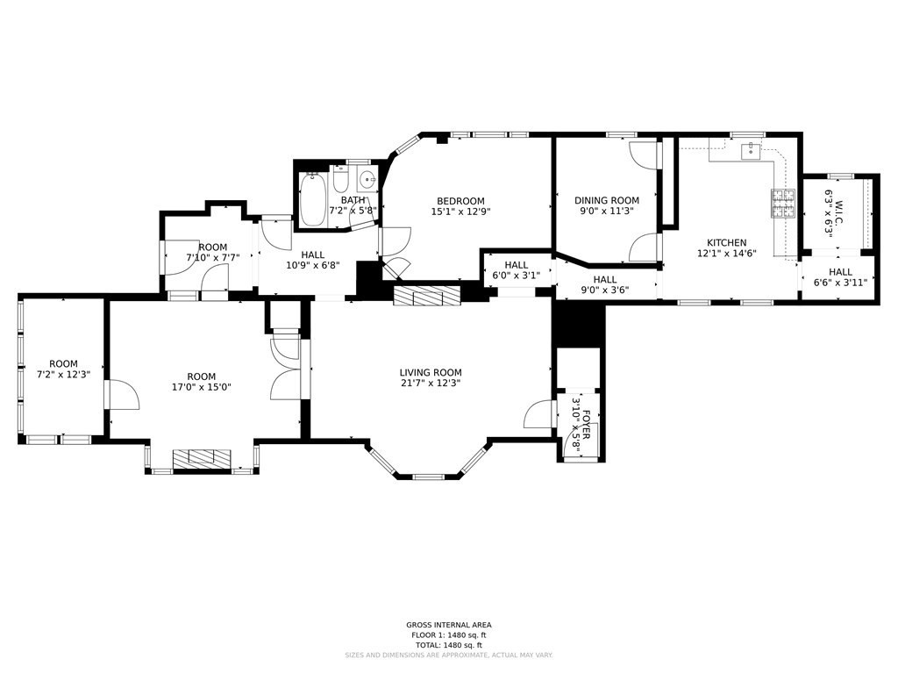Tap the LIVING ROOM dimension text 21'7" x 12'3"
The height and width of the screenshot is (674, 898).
point(430,383)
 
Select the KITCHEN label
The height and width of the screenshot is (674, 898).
point(727,243)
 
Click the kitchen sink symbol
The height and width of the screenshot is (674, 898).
point(750,152)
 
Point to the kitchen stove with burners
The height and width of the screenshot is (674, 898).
point(781,203)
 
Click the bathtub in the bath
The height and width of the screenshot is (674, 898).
point(312,200)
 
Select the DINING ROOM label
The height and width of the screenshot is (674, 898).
point(606,200)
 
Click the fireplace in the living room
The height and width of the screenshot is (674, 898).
point(427,296)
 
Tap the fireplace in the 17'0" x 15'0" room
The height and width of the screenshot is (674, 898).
point(202,460)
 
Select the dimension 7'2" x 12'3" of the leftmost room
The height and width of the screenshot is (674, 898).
point(63,375)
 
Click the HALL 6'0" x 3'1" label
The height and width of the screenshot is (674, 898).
point(517,265)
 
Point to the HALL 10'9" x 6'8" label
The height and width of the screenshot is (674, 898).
point(313,255)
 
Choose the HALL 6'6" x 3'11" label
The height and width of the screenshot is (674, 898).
point(840,272)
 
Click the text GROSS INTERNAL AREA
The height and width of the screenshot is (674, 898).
point(448,626)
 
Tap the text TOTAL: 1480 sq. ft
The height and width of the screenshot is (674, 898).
point(448,644)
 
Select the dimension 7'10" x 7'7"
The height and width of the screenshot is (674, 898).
point(212,258)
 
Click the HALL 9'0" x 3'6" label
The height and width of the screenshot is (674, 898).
point(605,280)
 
